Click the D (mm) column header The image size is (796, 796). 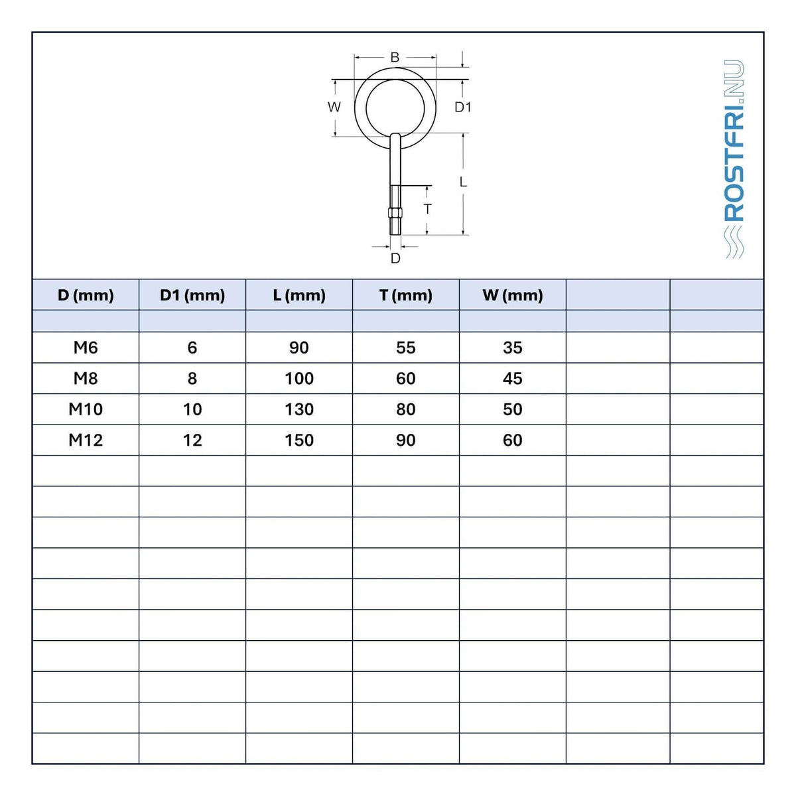tap(86, 295)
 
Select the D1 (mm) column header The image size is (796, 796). tap(192, 295)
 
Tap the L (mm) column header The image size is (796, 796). tap(299, 295)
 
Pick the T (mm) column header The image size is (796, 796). tap(406, 295)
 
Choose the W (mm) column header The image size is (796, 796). tap(513, 295)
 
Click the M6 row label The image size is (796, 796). tap(86, 348)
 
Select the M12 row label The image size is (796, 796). tap(86, 440)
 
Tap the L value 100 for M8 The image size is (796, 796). tap(299, 379)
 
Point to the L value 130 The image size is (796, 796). tap(299, 410)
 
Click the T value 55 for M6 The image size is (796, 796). tap(406, 348)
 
